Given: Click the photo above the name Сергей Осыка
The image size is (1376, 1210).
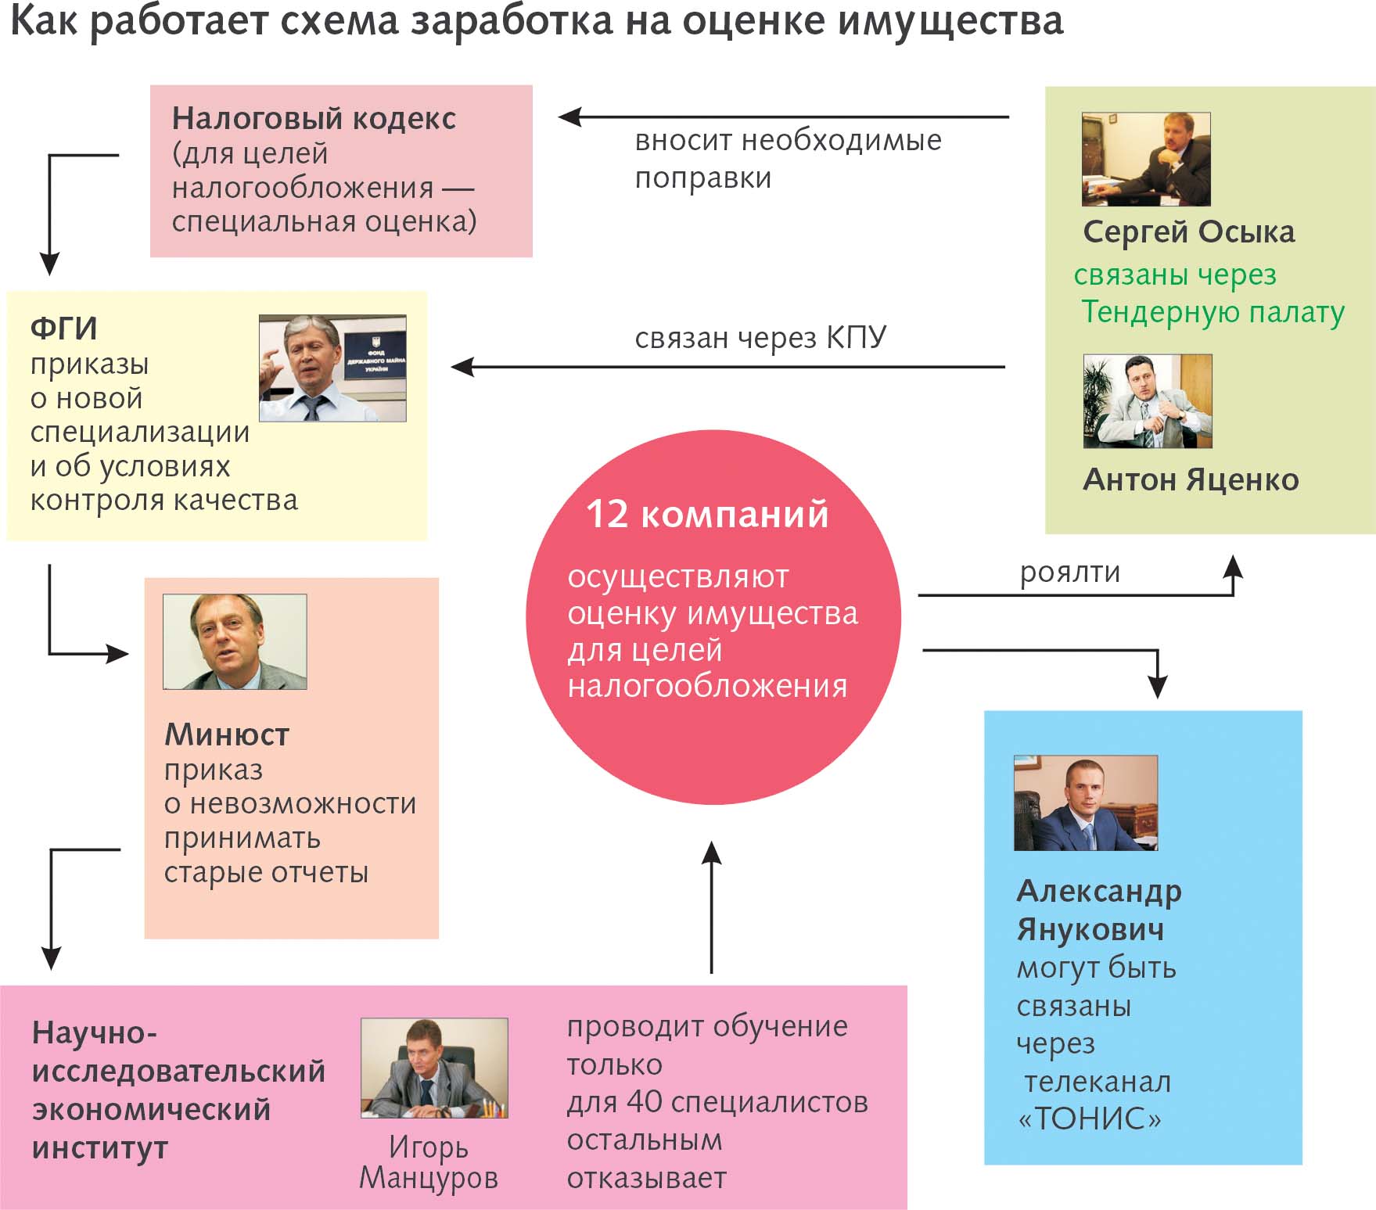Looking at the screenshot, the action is [1146, 160].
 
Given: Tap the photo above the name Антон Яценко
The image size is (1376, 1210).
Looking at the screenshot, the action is [1148, 401].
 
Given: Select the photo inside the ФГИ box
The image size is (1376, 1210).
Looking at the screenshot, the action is [332, 368].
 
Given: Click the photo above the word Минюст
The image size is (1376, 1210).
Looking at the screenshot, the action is [235, 641].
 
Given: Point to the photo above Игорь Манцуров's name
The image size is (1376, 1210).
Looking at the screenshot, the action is [434, 1068].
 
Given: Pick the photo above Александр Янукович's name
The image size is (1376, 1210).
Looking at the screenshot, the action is [1086, 803].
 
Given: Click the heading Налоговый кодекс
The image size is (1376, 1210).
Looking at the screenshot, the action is [314, 119].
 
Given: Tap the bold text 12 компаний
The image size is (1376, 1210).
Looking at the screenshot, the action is [707, 514].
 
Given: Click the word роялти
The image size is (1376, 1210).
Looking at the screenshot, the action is [1070, 573].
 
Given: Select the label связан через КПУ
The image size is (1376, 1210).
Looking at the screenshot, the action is [760, 337].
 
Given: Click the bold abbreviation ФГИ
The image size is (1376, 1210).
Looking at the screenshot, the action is [64, 329].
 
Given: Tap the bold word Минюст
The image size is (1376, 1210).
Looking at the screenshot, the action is [227, 734].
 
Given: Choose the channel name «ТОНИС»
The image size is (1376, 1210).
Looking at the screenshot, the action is [1089, 1118].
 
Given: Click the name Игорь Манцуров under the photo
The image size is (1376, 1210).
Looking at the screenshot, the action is [429, 1162].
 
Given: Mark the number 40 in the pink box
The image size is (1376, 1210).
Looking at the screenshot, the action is [645, 1102].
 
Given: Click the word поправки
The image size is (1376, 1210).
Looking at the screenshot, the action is [703, 179].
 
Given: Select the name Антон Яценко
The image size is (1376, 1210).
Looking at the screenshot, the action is [1191, 479].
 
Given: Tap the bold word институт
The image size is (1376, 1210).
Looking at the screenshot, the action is [100, 1147].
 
